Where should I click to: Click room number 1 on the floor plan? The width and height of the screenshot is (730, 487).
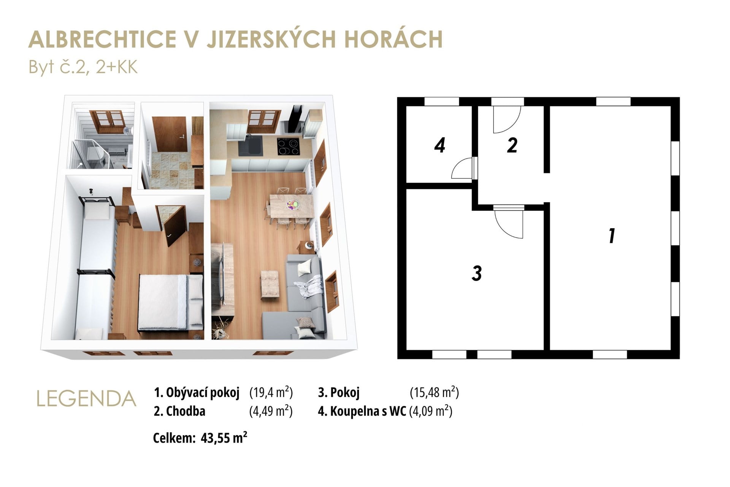tap(611, 236)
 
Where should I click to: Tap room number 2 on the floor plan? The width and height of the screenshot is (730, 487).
tap(512, 145)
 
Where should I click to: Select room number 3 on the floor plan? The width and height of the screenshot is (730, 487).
tap(477, 273)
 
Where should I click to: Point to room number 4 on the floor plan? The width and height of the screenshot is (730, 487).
tap(440, 145)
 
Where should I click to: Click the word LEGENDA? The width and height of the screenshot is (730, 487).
tap(87, 399)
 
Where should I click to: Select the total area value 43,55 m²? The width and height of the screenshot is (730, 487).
tap(224, 438)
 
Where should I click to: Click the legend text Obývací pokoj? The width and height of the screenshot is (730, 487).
tap(203, 393)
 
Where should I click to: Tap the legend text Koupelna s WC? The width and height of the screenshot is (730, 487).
tap(368, 411)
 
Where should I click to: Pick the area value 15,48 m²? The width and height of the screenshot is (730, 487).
tap(434, 392)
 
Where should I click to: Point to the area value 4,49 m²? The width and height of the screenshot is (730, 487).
tap(271, 411)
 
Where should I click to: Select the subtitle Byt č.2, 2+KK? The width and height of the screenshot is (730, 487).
tap(83, 67)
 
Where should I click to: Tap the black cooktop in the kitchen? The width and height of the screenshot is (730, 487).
tap(288, 146)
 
